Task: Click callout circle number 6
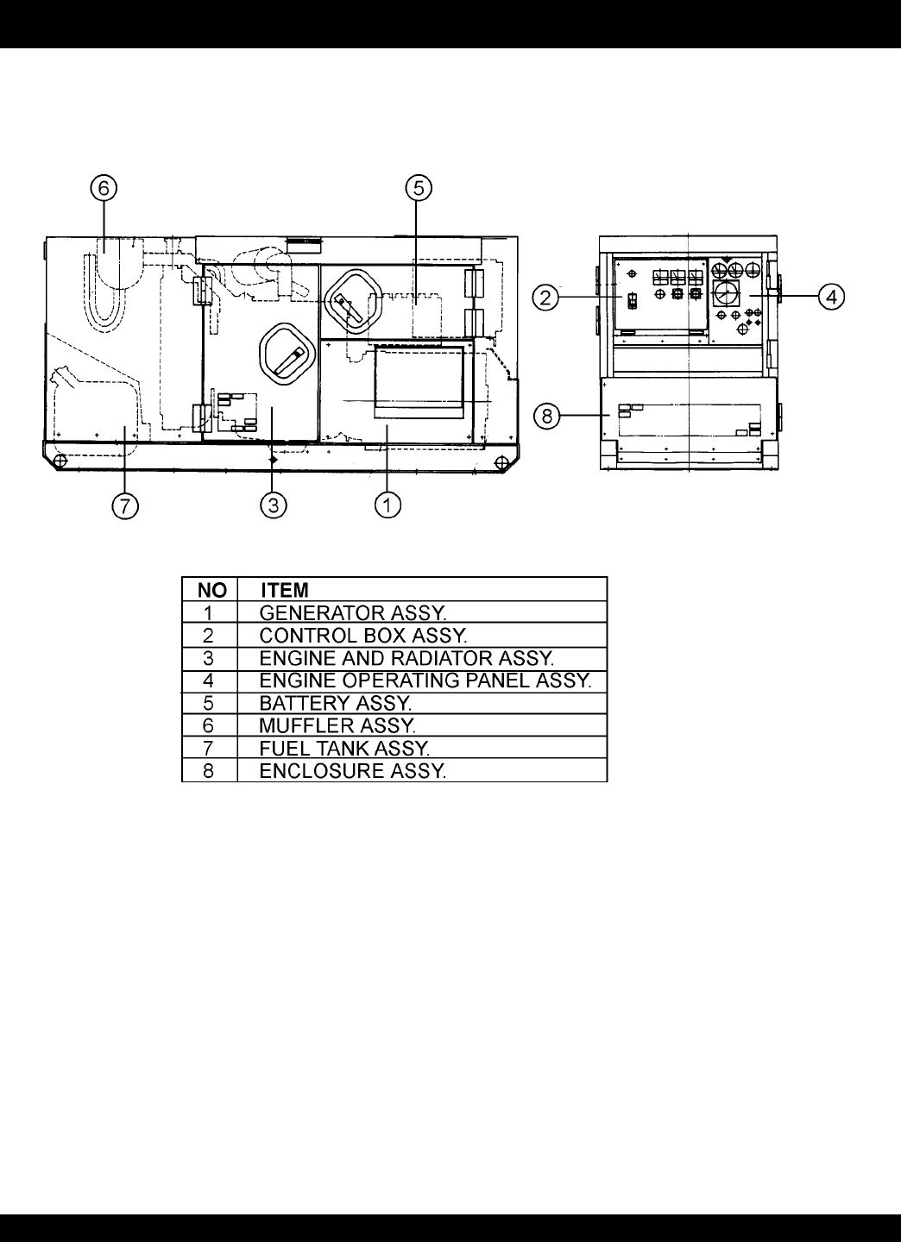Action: pyautogui.click(x=104, y=189)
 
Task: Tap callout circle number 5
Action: pyautogui.click(x=419, y=188)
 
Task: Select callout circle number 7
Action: pyautogui.click(x=125, y=505)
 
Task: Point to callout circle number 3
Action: pyautogui.click(x=274, y=505)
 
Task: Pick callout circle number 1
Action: pyautogui.click(x=387, y=505)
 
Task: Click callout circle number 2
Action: pyautogui.click(x=546, y=298)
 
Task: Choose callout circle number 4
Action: pyautogui.click(x=832, y=297)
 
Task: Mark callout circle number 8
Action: pyautogui.click(x=547, y=416)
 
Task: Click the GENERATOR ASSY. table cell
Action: pyautogui.click(x=353, y=612)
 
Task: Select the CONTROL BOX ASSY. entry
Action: pyautogui.click(x=363, y=636)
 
